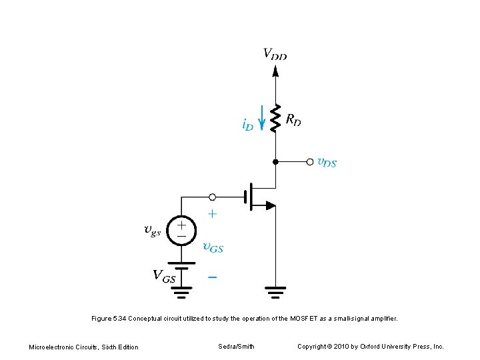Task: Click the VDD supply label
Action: coord(275,53)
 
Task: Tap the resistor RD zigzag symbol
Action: coord(275,121)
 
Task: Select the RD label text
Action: coord(293,120)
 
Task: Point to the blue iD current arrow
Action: coord(261,118)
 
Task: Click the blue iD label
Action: coord(247,124)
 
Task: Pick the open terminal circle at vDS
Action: coord(309,161)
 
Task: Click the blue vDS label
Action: coord(327,162)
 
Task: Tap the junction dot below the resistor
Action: coord(275,161)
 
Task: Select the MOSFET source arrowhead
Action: coord(269,205)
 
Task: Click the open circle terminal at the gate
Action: coord(212,197)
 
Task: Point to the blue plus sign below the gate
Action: coord(212,215)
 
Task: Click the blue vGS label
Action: coord(213,247)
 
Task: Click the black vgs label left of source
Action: coord(153,231)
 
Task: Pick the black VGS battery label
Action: coord(164,275)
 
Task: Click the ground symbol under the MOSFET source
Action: coord(275,291)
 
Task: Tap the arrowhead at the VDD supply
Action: coord(275,70)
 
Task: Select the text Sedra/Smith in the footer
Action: coord(236,346)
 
